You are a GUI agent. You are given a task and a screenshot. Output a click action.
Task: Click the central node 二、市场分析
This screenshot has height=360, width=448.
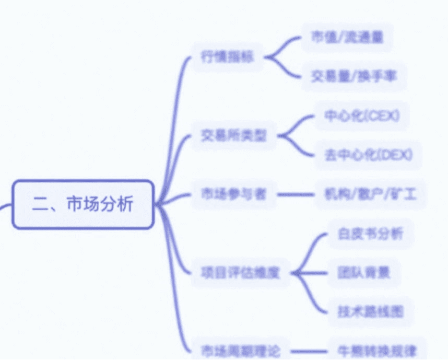[x=82, y=204]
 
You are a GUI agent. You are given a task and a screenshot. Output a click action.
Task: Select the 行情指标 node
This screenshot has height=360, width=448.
[x=227, y=57]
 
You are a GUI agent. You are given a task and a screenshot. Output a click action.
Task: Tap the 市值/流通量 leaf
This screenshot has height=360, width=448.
[x=347, y=37]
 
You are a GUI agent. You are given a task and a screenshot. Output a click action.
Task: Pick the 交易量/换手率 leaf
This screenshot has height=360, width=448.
[x=353, y=77]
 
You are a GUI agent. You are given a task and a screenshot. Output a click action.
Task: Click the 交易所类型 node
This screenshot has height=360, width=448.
[x=233, y=136]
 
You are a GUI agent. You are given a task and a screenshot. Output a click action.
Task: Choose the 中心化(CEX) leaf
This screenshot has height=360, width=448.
[x=362, y=116]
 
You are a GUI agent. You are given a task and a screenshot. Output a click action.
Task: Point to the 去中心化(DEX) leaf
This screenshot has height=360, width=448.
[x=368, y=155]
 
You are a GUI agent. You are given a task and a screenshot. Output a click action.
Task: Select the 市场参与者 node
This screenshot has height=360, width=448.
[x=233, y=194]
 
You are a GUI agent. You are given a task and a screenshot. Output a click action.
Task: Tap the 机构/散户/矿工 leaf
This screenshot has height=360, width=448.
[x=370, y=195]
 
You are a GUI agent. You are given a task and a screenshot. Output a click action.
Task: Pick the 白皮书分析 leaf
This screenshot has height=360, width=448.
[x=370, y=234]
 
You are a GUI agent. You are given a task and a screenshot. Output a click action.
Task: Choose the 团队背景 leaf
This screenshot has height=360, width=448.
[x=363, y=273]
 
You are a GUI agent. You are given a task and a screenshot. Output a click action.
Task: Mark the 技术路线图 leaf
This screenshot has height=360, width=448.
[x=370, y=312]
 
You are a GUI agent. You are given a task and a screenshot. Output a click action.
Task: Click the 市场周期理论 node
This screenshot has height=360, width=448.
[x=240, y=351]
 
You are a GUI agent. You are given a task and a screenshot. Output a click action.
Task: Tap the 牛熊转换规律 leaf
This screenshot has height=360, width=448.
[x=377, y=351]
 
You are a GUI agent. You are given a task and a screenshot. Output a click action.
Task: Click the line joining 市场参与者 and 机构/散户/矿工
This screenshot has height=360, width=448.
[x=295, y=195]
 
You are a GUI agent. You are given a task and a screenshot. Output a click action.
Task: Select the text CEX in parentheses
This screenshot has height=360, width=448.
[x=384, y=116]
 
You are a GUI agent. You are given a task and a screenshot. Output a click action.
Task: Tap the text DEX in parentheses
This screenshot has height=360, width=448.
[x=397, y=155]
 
